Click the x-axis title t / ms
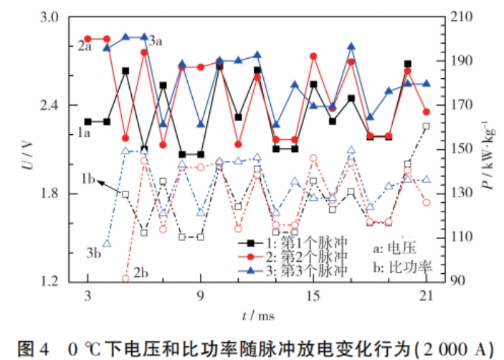pyautogui.click(x=252, y=313)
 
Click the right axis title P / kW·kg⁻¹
pyautogui.click(x=488, y=151)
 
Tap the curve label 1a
pyautogui.click(x=85, y=133)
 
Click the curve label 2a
pyautogui.click(x=85, y=47)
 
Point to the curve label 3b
pyautogui.click(x=93, y=252)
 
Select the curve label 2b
pyautogui.click(x=141, y=273)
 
